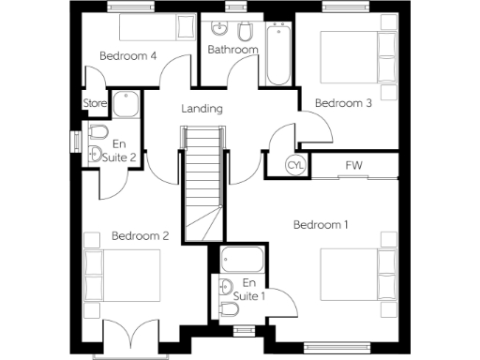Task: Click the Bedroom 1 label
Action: (x=321, y=225)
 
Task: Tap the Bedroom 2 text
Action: (x=140, y=236)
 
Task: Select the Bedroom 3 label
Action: (x=343, y=103)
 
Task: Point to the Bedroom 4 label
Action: (x=128, y=56)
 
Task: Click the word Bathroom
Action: (x=232, y=50)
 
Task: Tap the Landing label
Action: (x=202, y=109)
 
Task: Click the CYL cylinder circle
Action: (x=295, y=166)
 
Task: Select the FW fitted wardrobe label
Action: (x=353, y=166)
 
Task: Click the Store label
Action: (x=94, y=103)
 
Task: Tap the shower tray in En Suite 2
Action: (x=126, y=103)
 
